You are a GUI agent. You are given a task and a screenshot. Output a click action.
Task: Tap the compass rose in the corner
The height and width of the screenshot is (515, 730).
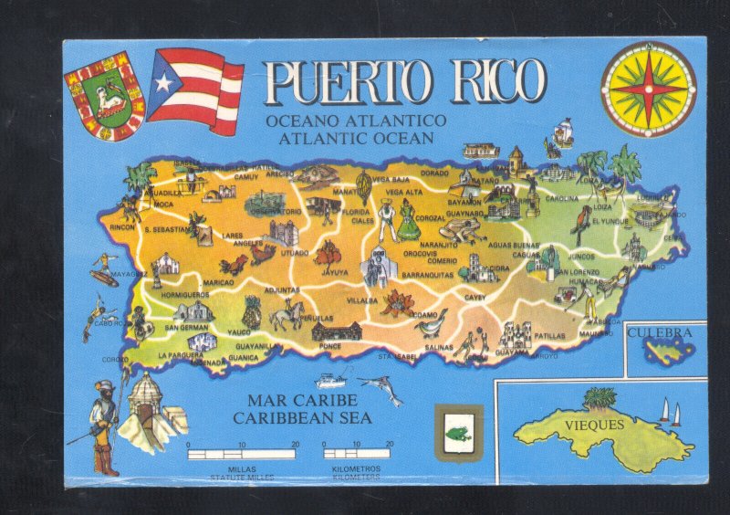[648, 89]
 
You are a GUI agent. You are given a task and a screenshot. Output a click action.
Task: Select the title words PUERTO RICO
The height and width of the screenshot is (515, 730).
[405, 82]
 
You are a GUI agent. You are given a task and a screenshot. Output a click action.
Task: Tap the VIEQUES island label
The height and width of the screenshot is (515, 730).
[593, 425]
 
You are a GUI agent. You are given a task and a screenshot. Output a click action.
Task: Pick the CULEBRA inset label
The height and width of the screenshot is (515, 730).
[666, 333]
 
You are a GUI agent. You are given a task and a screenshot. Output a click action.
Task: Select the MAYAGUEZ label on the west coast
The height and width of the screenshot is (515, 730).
[129, 274]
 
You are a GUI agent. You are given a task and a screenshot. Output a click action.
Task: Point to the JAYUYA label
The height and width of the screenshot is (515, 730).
[334, 272]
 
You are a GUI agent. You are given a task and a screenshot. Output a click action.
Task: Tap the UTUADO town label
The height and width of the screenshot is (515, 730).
[294, 252]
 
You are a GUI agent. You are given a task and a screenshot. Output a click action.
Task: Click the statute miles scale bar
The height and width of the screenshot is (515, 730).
[242, 453]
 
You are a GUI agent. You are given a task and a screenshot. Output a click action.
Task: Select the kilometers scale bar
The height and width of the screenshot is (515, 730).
[357, 453]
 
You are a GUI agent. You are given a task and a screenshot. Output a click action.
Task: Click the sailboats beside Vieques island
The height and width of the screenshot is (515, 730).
[670, 413]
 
